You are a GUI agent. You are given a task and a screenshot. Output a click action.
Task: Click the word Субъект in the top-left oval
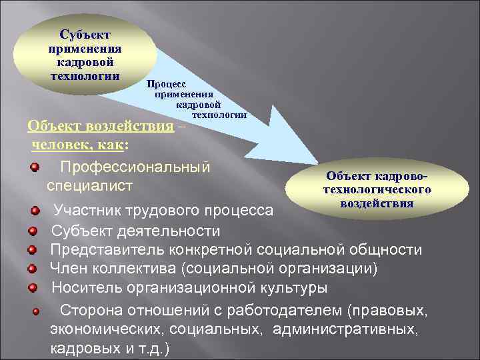(85, 34)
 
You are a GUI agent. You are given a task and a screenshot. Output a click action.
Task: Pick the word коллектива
(135, 269)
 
